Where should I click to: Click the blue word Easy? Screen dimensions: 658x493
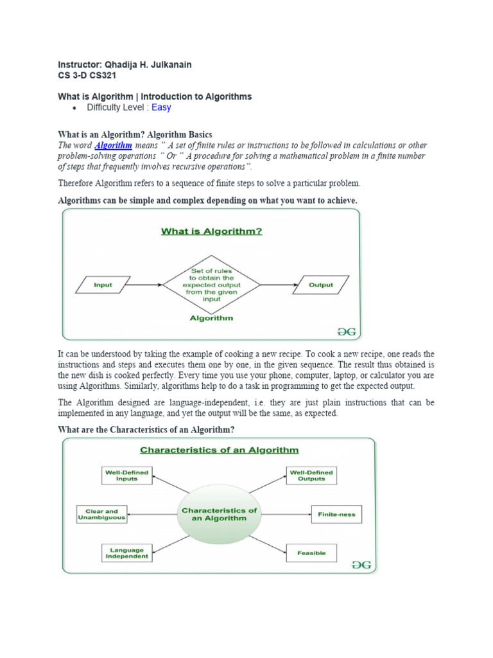point(161,107)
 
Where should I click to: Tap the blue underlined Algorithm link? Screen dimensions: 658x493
point(113,146)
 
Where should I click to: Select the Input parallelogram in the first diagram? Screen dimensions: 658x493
point(103,285)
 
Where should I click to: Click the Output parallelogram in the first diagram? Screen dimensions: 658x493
point(322,285)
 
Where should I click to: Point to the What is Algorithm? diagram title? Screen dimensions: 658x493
point(211,231)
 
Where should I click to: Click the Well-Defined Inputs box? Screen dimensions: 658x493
point(127,476)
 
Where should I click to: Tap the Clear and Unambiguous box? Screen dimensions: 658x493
point(102,514)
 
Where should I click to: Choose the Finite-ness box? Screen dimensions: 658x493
point(336,514)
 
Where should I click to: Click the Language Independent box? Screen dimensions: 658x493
point(127,553)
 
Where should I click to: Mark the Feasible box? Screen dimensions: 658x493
point(311,553)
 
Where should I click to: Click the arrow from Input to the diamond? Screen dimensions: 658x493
point(146,285)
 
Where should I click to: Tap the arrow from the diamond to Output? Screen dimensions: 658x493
point(277,285)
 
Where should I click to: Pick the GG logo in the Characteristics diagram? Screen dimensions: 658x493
point(361,564)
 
